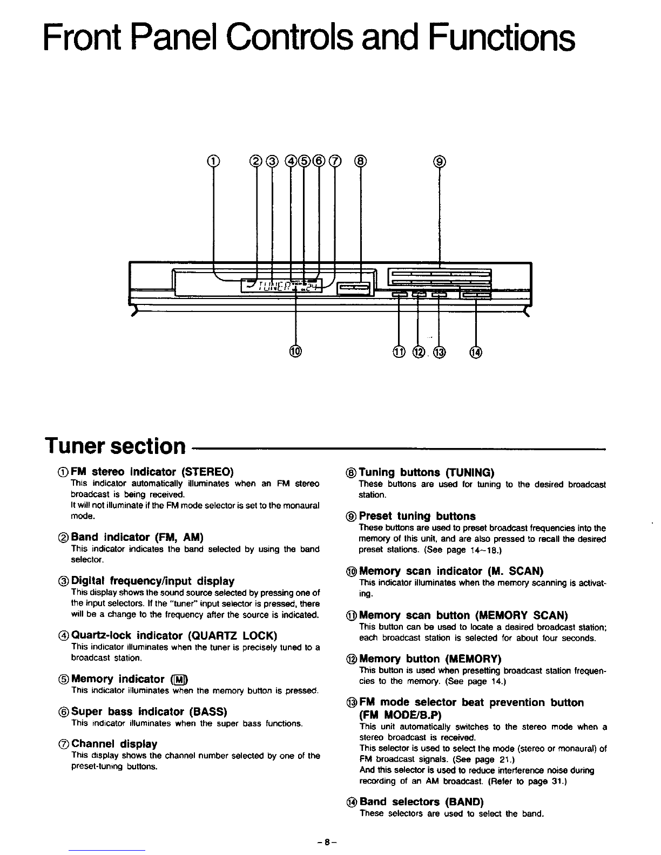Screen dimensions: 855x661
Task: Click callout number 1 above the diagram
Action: [214, 160]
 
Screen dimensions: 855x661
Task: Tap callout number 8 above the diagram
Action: [360, 160]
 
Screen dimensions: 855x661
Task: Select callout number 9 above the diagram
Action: [440, 160]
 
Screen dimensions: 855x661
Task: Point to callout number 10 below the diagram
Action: [295, 352]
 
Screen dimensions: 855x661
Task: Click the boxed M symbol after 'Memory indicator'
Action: [178, 679]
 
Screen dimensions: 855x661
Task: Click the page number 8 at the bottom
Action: [327, 842]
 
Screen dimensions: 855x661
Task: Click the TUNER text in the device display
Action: [273, 286]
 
